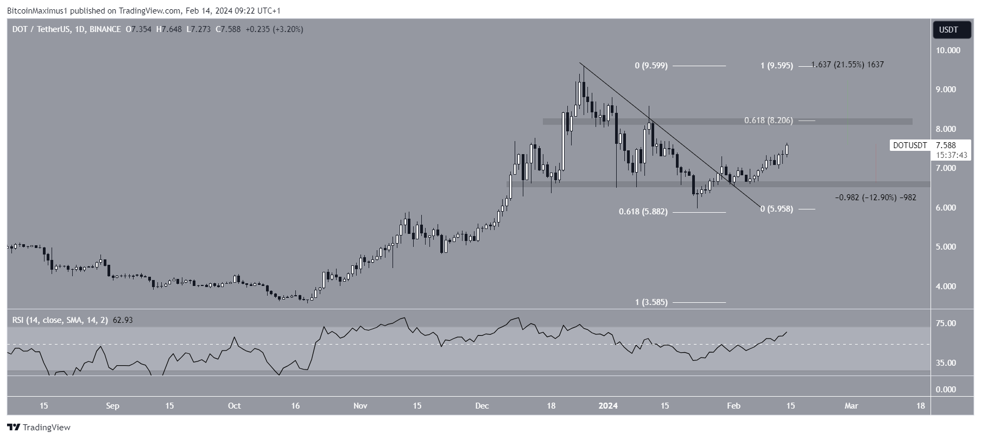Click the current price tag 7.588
945,145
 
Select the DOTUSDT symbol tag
909,145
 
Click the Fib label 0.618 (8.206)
768,120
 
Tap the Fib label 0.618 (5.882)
643,212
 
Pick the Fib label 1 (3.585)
651,302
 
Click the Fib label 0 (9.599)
651,66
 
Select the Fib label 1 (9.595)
776,66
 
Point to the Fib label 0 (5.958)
776,208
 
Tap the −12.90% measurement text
875,198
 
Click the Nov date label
360,405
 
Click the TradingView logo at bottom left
39,427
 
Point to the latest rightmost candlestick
787,150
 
